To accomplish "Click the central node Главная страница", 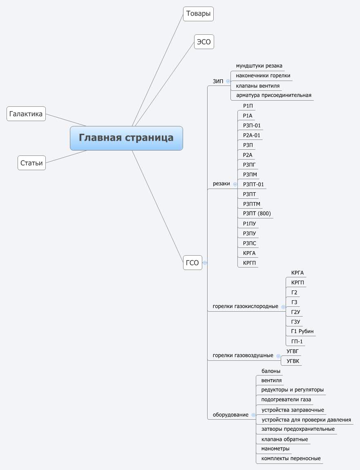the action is click(126, 138).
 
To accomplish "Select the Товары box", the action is click(198, 14).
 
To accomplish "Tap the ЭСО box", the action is click(204, 42).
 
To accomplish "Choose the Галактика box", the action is click(26, 114).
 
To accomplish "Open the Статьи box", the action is click(31, 163).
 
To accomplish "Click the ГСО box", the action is click(192, 263).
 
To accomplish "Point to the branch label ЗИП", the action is click(218, 81).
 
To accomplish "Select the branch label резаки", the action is click(221, 184).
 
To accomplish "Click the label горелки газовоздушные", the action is click(243, 355).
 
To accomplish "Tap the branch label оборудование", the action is click(230, 415).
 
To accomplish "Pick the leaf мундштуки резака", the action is click(259, 66).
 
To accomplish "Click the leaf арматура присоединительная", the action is click(273, 95).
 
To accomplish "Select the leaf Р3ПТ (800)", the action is click(257, 214).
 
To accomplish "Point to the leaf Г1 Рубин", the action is click(302, 331).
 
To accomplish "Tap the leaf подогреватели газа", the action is click(286, 400).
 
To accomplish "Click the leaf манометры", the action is click(275, 449).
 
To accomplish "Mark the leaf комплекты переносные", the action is click(291, 459).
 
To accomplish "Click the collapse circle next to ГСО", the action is click(205, 263).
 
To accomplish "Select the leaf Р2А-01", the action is click(251, 135).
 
